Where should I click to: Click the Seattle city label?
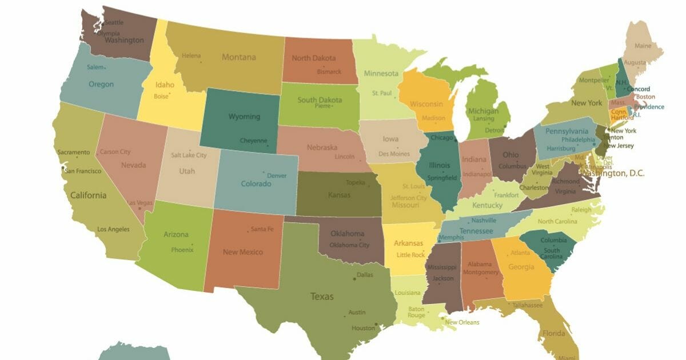tap(114, 22)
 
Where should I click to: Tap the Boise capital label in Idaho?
tap(161, 97)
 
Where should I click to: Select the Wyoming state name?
tap(244, 117)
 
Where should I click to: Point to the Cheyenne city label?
tap(253, 141)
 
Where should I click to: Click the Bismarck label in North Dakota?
tap(329, 72)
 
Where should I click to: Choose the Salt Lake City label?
tap(189, 155)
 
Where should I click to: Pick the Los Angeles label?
tap(113, 229)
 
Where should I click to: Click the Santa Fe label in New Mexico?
tap(262, 229)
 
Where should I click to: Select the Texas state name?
tap(322, 297)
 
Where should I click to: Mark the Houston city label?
tap(363, 328)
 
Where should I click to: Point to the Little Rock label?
tap(410, 255)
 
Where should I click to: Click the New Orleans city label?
tap(462, 322)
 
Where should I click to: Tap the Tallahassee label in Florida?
tap(527, 305)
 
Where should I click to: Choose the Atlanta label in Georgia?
tap(520, 253)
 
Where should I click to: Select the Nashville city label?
tap(484, 221)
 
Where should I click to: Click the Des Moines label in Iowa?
tap(394, 154)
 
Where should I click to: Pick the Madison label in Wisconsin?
tap(433, 118)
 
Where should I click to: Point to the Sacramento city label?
tap(73, 153)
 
